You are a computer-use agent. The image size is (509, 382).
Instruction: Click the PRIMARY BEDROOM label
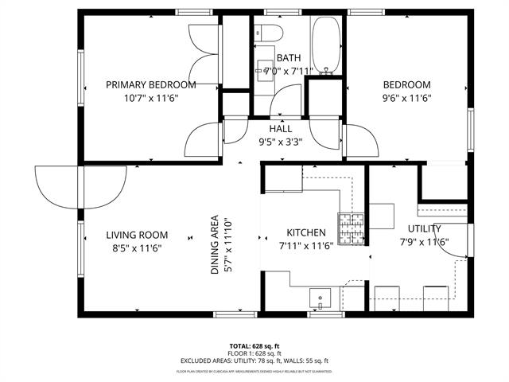click(x=151, y=85)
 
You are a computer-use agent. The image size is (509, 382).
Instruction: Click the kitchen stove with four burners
click(x=352, y=228)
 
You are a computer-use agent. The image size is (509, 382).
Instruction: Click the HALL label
click(x=280, y=128)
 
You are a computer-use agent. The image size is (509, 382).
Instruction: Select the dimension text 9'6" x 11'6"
click(x=406, y=99)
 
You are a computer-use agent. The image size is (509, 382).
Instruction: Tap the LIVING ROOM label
click(x=138, y=235)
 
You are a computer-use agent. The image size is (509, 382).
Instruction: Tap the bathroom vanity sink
click(x=264, y=71)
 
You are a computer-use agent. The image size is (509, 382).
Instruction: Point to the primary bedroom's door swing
click(x=202, y=138)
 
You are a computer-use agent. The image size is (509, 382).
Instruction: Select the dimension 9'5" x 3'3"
click(x=280, y=142)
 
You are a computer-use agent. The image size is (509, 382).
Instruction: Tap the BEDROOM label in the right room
click(x=406, y=85)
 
